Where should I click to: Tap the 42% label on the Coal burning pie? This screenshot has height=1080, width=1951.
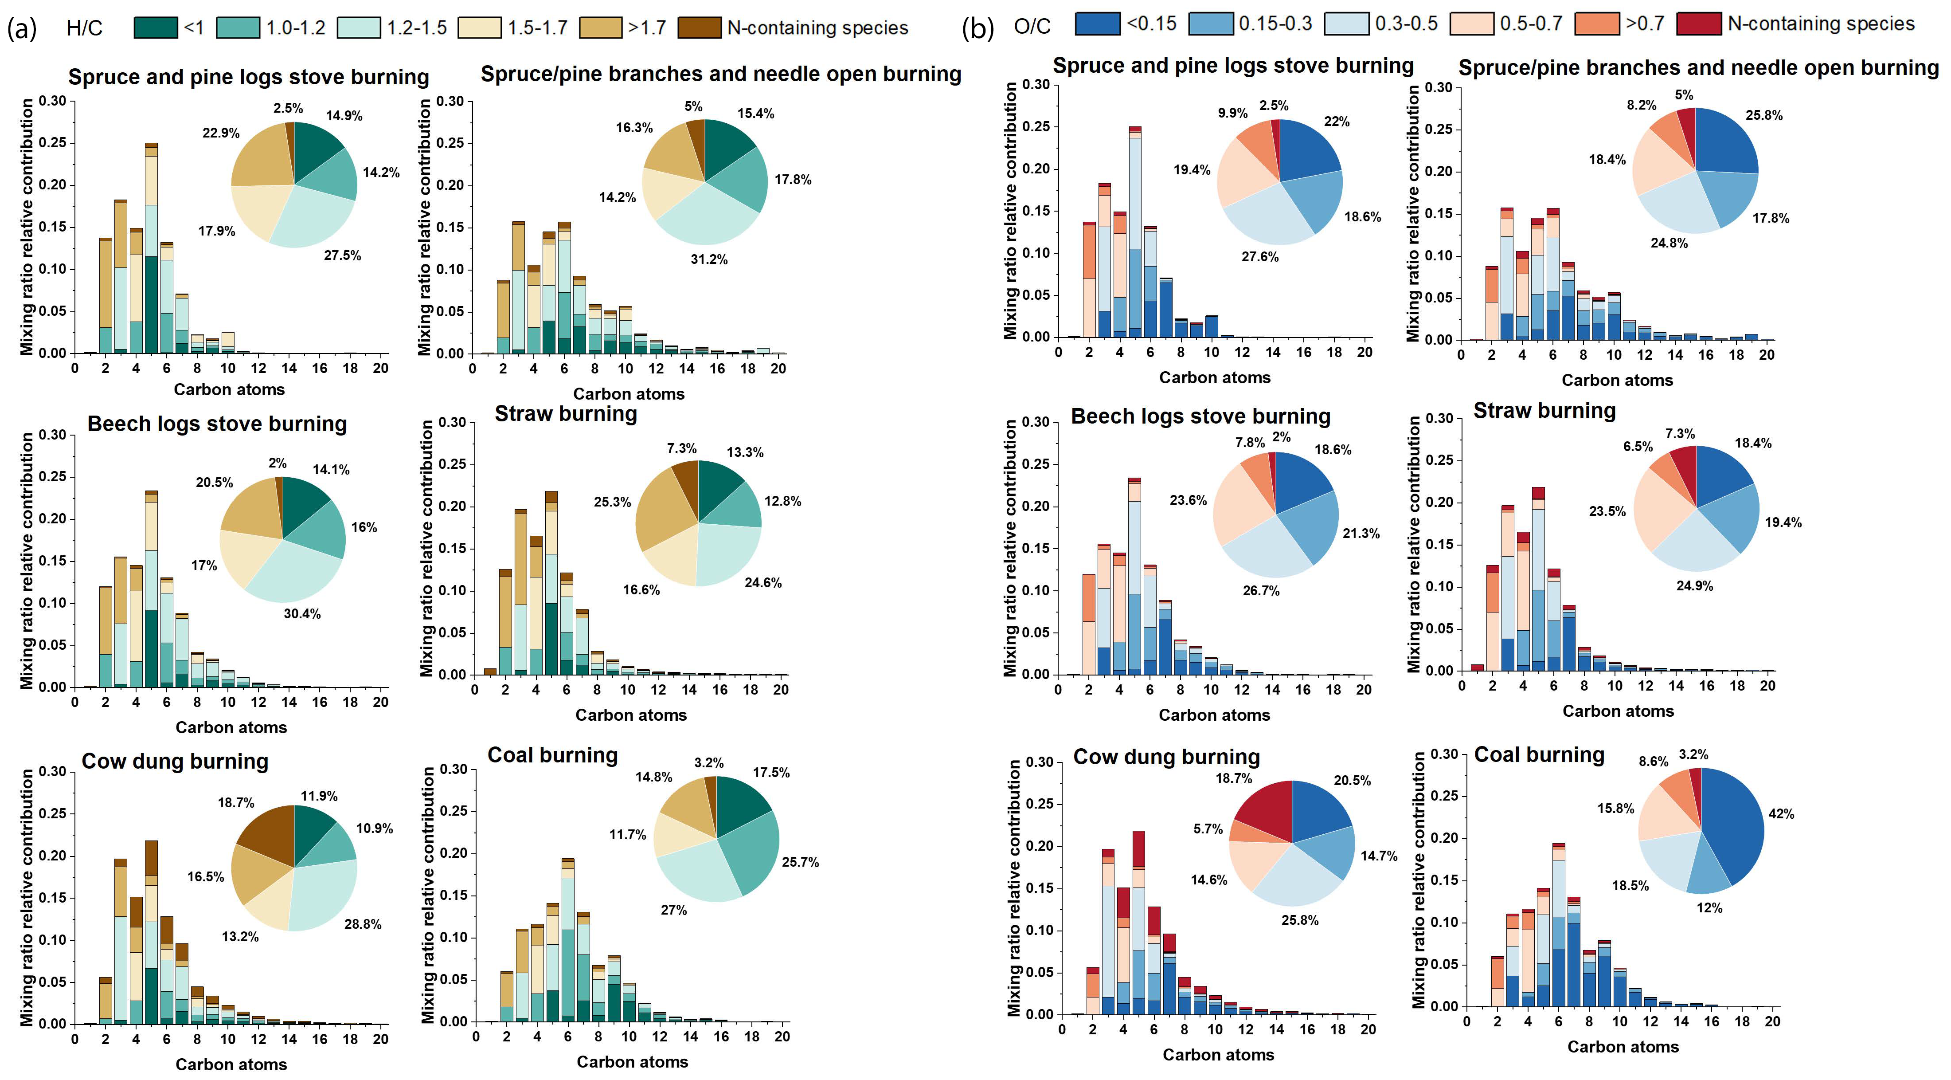click(1781, 814)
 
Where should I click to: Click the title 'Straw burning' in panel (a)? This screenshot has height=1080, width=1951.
click(566, 414)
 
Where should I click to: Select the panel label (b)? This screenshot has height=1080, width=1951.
click(977, 29)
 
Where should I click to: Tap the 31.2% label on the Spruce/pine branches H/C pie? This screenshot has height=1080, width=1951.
click(709, 259)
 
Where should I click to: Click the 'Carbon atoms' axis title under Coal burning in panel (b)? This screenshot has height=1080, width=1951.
click(1623, 1047)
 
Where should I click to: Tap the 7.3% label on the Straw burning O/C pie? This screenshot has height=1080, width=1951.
click(1680, 433)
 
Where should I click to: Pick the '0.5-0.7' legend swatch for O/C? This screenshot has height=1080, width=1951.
click(1472, 24)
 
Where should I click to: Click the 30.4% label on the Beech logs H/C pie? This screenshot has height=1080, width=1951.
click(302, 614)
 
